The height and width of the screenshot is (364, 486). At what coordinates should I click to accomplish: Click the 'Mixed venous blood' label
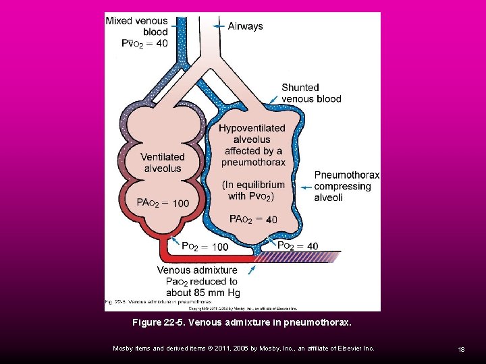click(x=137, y=26)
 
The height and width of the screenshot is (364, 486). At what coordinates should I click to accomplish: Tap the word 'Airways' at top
click(x=245, y=26)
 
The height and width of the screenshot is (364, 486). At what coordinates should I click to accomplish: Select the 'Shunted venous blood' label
click(x=311, y=93)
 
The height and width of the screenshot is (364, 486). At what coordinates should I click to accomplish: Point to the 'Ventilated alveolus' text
click(x=163, y=162)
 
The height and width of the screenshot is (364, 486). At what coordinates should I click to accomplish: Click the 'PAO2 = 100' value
click(x=163, y=203)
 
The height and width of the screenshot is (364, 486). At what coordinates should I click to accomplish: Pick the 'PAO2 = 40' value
click(x=253, y=219)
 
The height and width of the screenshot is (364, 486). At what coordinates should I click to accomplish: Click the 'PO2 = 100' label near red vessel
click(x=205, y=247)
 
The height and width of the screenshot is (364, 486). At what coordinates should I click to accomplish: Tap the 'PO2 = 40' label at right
click(x=298, y=246)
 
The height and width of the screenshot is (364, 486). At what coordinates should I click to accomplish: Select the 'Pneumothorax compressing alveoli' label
click(x=346, y=186)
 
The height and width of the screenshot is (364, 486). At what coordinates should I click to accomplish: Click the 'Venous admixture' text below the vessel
click(x=197, y=270)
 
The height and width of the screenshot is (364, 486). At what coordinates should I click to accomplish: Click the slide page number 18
click(x=462, y=348)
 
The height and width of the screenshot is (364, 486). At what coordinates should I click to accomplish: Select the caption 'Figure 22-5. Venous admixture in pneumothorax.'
click(x=242, y=323)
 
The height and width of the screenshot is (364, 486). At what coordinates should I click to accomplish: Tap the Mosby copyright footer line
click(x=243, y=348)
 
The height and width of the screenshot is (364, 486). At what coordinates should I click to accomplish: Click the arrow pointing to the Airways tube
click(x=218, y=26)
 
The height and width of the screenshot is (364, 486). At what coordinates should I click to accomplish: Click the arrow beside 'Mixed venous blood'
click(x=178, y=23)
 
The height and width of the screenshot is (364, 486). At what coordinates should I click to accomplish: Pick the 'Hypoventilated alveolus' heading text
click(x=251, y=133)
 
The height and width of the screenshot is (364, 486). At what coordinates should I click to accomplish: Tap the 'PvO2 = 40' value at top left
click(x=145, y=43)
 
